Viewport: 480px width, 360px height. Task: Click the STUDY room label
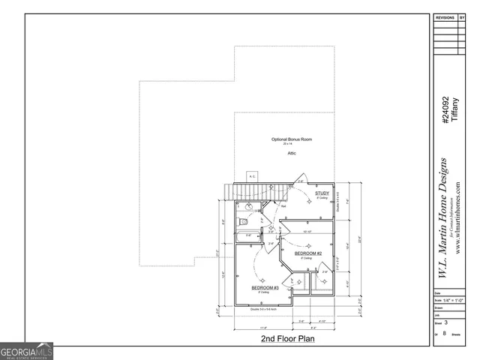(322, 193)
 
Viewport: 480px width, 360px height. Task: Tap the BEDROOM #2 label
(307, 253)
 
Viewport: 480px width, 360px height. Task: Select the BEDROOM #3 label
(265, 287)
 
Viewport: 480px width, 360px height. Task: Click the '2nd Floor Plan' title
(287, 339)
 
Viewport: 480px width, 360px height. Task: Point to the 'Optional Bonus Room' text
(292, 139)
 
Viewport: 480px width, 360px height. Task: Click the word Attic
(292, 153)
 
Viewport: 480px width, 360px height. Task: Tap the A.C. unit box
(253, 177)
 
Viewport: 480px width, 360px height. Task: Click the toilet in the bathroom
(242, 223)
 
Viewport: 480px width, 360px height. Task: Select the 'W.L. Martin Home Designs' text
(443, 217)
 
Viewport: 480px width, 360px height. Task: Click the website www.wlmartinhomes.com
(457, 217)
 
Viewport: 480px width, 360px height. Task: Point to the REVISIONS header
(445, 16)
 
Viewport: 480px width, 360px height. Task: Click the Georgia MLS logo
(27, 351)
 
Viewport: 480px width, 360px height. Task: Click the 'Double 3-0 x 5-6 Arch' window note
(265, 308)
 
